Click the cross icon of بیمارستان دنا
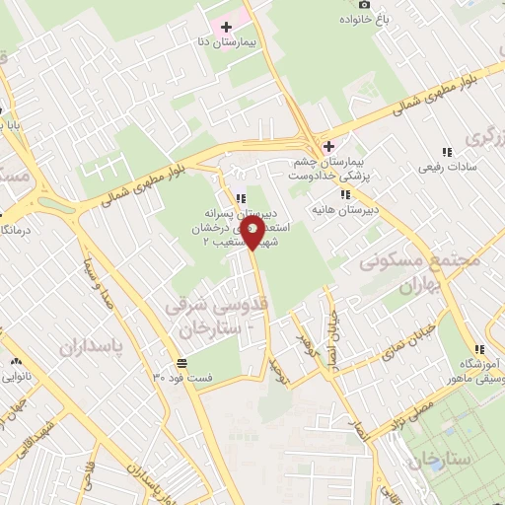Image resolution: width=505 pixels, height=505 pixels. pyautogui.click(x=228, y=27)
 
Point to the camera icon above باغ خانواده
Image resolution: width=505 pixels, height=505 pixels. pyautogui.click(x=362, y=3)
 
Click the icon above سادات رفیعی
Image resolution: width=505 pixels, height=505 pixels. pyautogui.click(x=447, y=153)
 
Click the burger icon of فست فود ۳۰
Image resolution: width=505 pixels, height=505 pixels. pyautogui.click(x=178, y=361)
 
